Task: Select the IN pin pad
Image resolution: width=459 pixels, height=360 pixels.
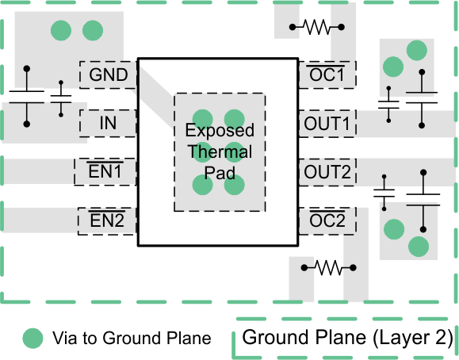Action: coord(109,124)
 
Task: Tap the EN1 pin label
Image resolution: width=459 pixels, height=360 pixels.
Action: coord(107,171)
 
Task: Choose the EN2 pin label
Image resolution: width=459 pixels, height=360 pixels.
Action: coord(107,220)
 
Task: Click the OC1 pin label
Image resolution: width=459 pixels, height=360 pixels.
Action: coord(327,75)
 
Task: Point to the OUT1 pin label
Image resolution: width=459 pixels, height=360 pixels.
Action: coord(327,124)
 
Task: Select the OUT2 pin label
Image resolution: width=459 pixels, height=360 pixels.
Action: coord(327,171)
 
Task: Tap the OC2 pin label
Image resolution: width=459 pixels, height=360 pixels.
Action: coord(327,220)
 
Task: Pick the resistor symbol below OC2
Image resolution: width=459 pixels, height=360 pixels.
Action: coord(327,267)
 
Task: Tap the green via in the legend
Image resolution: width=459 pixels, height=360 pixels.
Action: coord(33,338)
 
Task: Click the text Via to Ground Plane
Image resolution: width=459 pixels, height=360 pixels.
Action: coord(132,339)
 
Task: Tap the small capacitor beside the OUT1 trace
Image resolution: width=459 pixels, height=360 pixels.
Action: coord(388,104)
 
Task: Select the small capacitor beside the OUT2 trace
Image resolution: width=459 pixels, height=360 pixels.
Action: coord(384,193)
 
